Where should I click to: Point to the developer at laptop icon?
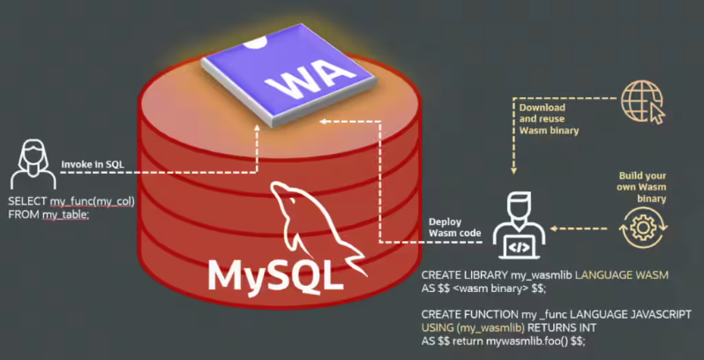tap(519, 228)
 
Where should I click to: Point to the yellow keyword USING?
tap(438, 327)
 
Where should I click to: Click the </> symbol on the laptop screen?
tap(521, 248)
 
